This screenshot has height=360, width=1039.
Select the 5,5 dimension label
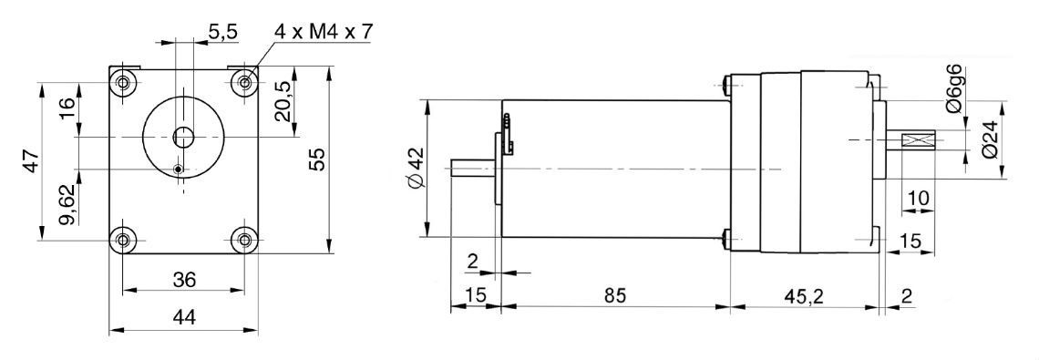[x=223, y=31]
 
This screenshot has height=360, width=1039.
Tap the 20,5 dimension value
[x=283, y=101]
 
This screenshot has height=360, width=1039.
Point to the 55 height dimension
[x=319, y=159]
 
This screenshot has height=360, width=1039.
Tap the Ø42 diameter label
[x=413, y=169]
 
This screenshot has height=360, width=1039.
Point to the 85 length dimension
[x=614, y=295]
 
